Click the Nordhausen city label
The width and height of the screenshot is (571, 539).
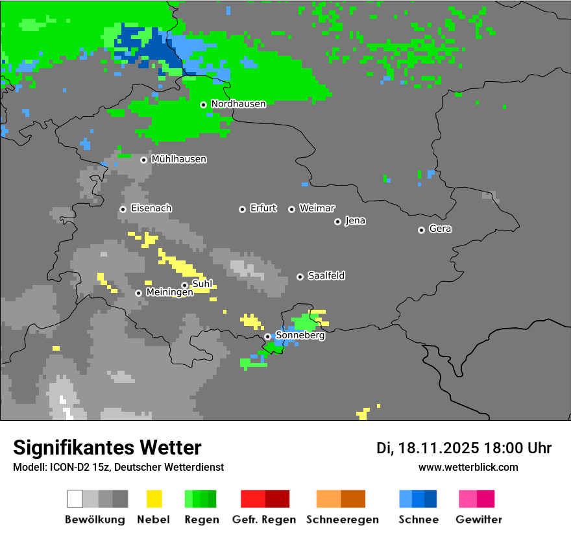coord(238,104)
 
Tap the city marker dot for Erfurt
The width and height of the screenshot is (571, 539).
coord(242,209)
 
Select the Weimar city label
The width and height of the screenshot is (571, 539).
coord(317,208)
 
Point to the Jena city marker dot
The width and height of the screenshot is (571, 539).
coord(337,221)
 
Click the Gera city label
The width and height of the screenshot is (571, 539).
coord(440,229)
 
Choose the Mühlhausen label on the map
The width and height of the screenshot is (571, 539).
coord(178,159)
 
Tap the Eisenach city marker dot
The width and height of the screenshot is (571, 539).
coord(123,209)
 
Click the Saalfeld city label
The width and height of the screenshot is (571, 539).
coord(326,276)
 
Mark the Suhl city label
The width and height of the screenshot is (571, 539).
coord(202,284)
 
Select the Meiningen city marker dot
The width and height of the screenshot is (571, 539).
coord(138,293)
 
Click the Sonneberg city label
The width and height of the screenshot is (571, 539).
coord(300,336)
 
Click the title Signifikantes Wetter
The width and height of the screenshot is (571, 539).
coord(107,447)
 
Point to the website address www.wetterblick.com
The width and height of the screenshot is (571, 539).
coord(468,467)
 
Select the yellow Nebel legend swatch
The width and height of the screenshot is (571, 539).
coord(154,499)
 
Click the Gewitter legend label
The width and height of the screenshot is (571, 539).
coord(478,520)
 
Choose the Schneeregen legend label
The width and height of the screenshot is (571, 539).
coord(342,520)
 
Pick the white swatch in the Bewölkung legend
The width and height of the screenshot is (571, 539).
coord(75,499)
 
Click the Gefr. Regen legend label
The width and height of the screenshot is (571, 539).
coord(263,520)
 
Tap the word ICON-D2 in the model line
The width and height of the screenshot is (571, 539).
coord(64,467)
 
